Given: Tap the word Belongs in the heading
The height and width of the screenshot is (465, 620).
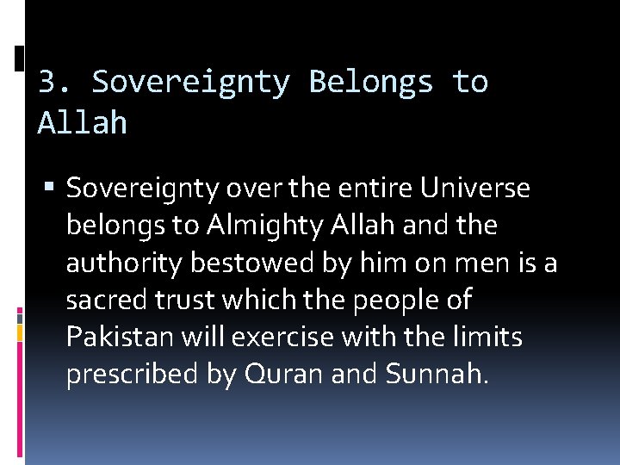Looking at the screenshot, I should (x=371, y=82).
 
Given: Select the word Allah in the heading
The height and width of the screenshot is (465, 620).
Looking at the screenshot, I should (x=83, y=123).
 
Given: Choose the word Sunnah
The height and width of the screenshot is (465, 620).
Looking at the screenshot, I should (x=439, y=375).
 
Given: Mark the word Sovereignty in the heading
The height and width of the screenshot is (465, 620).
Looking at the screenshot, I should (x=191, y=82).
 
